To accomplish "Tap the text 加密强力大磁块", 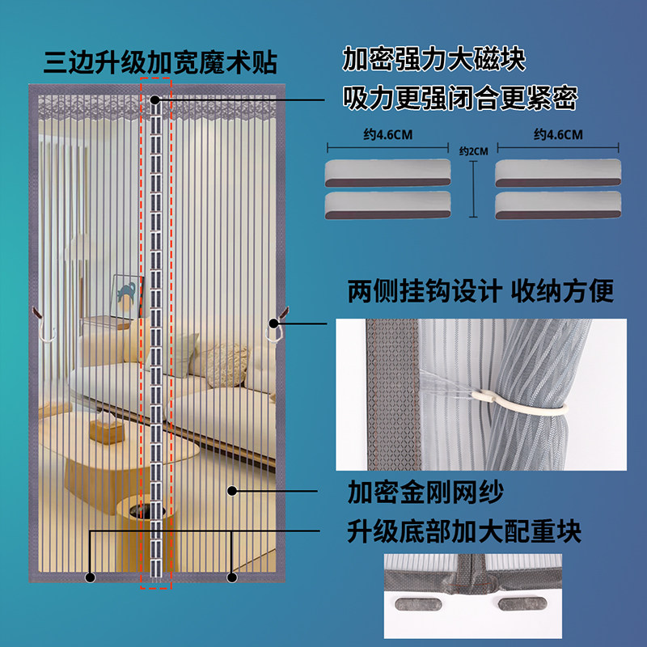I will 434,59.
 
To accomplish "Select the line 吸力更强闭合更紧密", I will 459,98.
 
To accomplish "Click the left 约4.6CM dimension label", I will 388,135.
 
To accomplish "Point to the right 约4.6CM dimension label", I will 558,135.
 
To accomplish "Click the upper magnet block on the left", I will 387,170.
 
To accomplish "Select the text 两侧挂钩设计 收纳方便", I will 480,291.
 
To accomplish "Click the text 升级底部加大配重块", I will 464,531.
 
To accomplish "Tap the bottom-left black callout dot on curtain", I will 90,577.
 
